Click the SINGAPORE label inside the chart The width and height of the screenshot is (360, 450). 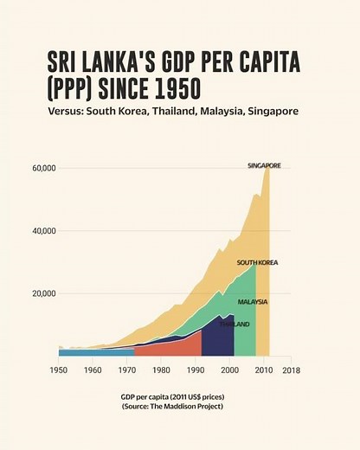(x=264, y=165)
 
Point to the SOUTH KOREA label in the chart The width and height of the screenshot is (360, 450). (x=257, y=262)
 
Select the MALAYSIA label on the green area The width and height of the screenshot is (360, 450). (x=253, y=302)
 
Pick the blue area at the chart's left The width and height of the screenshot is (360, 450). (x=95, y=351)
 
